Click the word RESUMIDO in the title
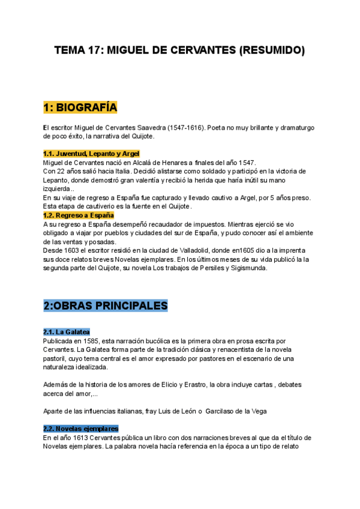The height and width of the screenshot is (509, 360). coord(272,51)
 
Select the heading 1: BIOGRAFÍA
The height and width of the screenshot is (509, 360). coord(80,107)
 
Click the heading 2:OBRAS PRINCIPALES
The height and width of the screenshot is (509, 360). coord(105,306)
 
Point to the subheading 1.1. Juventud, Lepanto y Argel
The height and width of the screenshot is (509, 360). coord(91,154)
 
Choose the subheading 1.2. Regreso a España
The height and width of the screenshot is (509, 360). coord(79,215)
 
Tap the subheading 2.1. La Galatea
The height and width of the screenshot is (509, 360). coord(67,332)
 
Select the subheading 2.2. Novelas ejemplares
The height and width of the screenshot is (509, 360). coord(81,429)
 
